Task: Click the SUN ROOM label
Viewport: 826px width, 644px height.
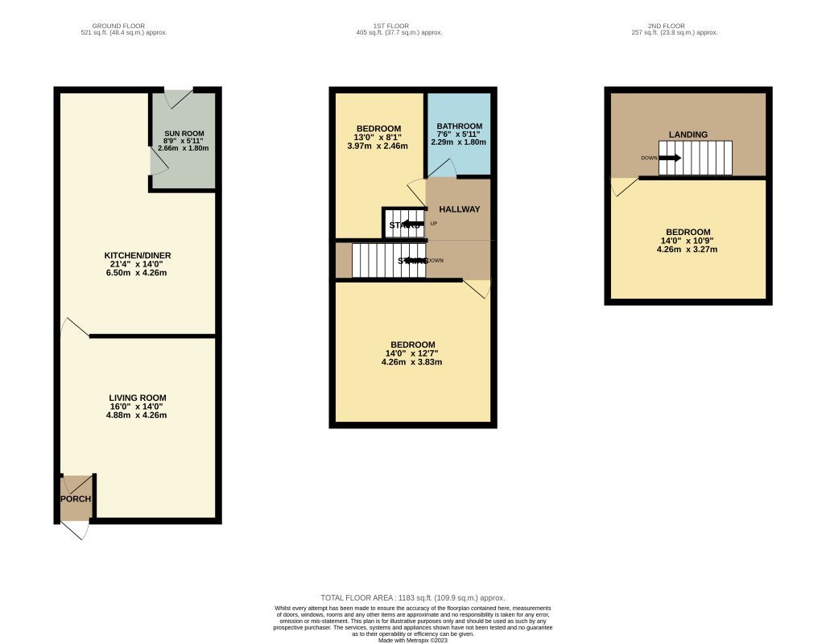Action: tap(184, 134)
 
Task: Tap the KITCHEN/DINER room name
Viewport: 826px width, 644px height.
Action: tap(141, 255)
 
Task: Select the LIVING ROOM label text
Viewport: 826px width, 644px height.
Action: tap(138, 398)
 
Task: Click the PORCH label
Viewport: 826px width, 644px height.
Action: tap(76, 499)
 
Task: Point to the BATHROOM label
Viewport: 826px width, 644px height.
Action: tap(459, 126)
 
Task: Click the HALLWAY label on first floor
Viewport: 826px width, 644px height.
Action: tap(459, 209)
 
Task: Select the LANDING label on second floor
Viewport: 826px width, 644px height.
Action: tap(688, 134)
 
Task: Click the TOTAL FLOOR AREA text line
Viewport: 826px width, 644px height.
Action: tap(412, 597)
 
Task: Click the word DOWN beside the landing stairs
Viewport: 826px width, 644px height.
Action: tap(649, 159)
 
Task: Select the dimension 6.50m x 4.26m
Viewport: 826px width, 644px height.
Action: tap(141, 273)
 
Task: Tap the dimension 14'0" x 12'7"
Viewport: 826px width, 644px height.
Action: tap(411, 353)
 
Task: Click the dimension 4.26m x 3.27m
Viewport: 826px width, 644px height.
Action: tap(688, 250)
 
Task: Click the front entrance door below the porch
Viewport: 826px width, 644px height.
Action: tap(74, 530)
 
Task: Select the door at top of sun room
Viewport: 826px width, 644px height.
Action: tap(178, 98)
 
